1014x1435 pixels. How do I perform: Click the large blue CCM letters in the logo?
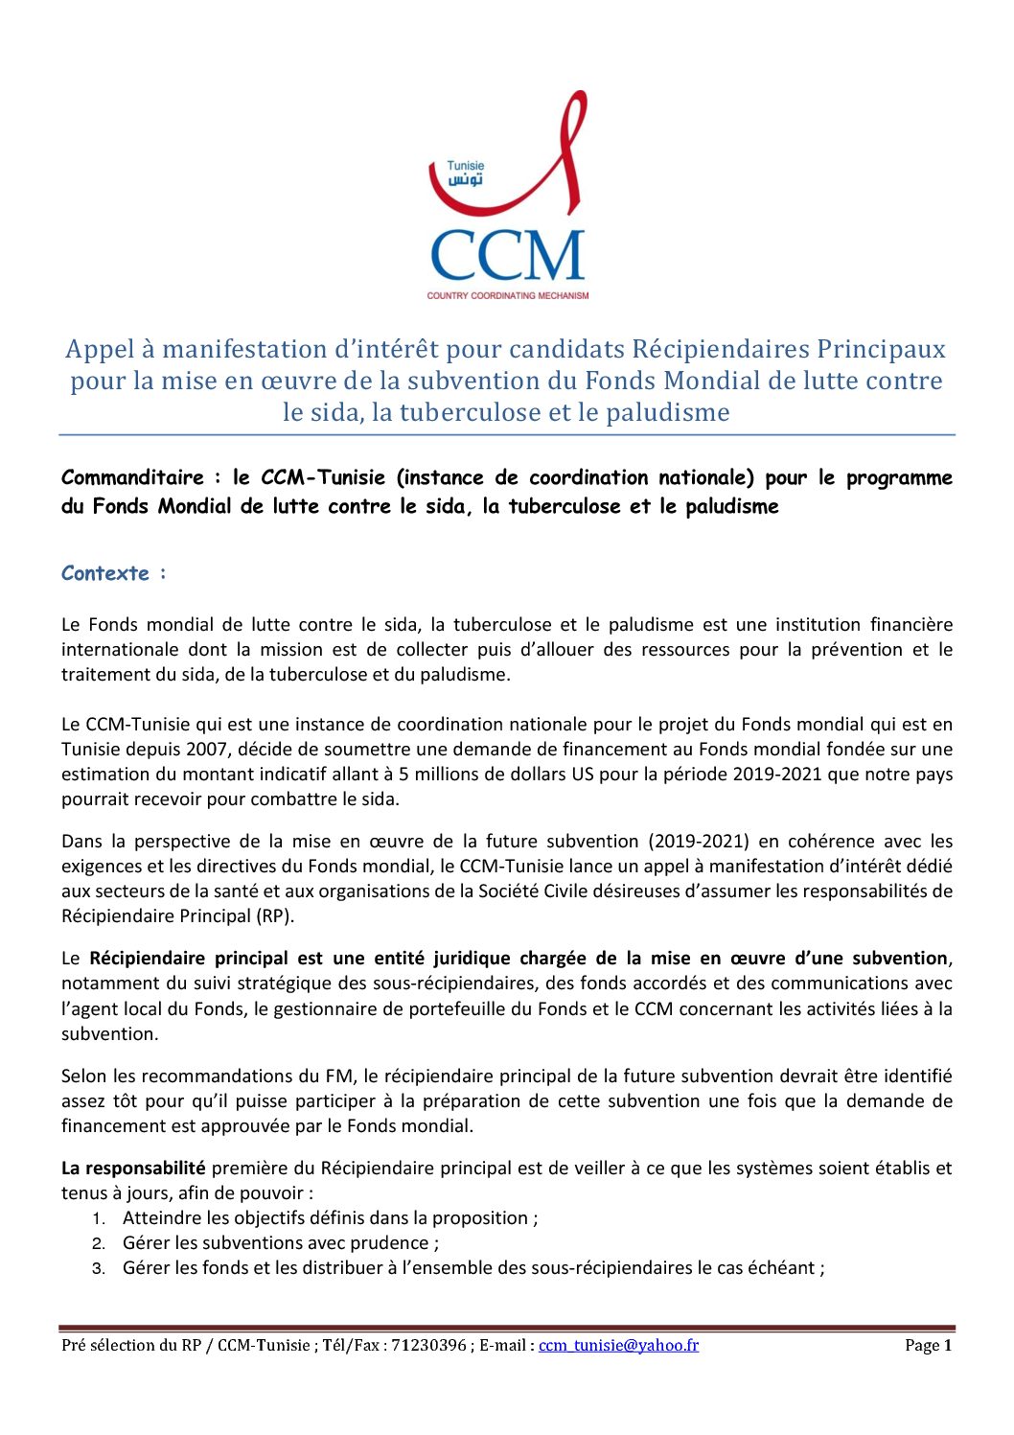pyautogui.click(x=507, y=255)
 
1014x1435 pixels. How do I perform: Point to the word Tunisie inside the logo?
pyautogui.click(x=466, y=166)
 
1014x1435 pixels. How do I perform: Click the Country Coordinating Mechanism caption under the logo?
pyautogui.click(x=508, y=295)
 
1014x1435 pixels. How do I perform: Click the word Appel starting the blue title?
pyautogui.click(x=101, y=349)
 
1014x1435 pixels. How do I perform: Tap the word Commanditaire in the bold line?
pyautogui.click(x=132, y=477)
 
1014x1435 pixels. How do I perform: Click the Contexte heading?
pyautogui.click(x=105, y=573)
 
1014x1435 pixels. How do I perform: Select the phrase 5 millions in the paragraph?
pyautogui.click(x=443, y=774)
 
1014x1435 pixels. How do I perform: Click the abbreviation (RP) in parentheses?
pyautogui.click(x=274, y=915)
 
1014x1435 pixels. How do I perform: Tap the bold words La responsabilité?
pyautogui.click(x=133, y=1168)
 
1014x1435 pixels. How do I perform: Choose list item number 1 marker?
pyautogui.click(x=98, y=1218)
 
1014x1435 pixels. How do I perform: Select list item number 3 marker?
pyautogui.click(x=98, y=1268)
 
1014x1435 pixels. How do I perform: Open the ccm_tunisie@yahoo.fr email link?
pyautogui.click(x=618, y=1345)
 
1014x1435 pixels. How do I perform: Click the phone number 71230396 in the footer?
pyautogui.click(x=428, y=1345)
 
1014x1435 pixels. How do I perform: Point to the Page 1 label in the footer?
pyautogui.click(x=928, y=1345)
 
